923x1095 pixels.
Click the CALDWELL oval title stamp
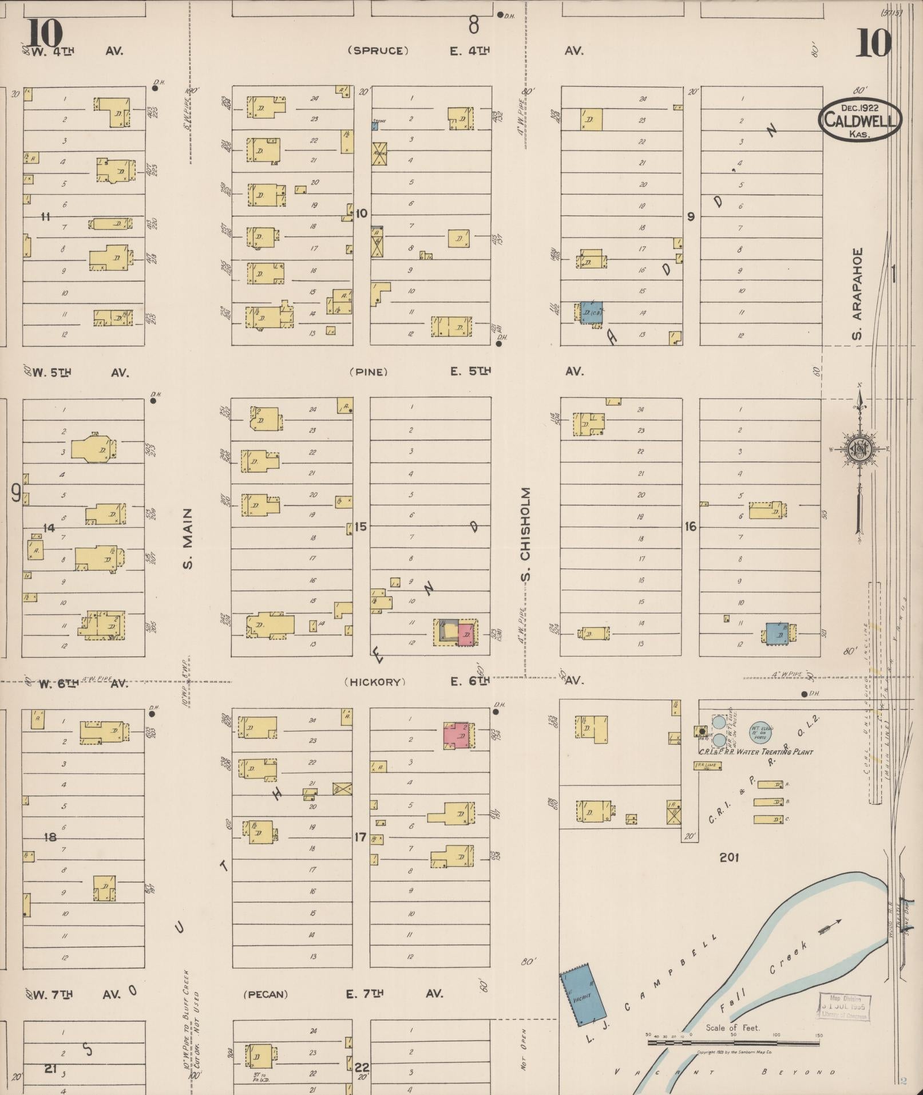tap(859, 120)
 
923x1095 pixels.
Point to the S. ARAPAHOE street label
tap(857, 293)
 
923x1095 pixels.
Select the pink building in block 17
tap(458, 736)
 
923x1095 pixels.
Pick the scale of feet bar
tap(733, 1043)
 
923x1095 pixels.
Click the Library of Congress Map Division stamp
tap(843, 1006)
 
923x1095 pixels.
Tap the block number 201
tap(729, 857)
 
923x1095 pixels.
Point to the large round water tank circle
tap(761, 733)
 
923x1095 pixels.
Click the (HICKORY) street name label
tap(375, 682)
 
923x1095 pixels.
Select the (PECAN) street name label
tap(266, 994)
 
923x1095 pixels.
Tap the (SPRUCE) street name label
tap(378, 50)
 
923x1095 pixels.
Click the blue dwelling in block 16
tap(777, 633)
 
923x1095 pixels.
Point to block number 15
tap(360, 526)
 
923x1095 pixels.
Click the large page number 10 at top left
tap(43, 33)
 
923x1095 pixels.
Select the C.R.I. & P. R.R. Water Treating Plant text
tap(755, 752)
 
